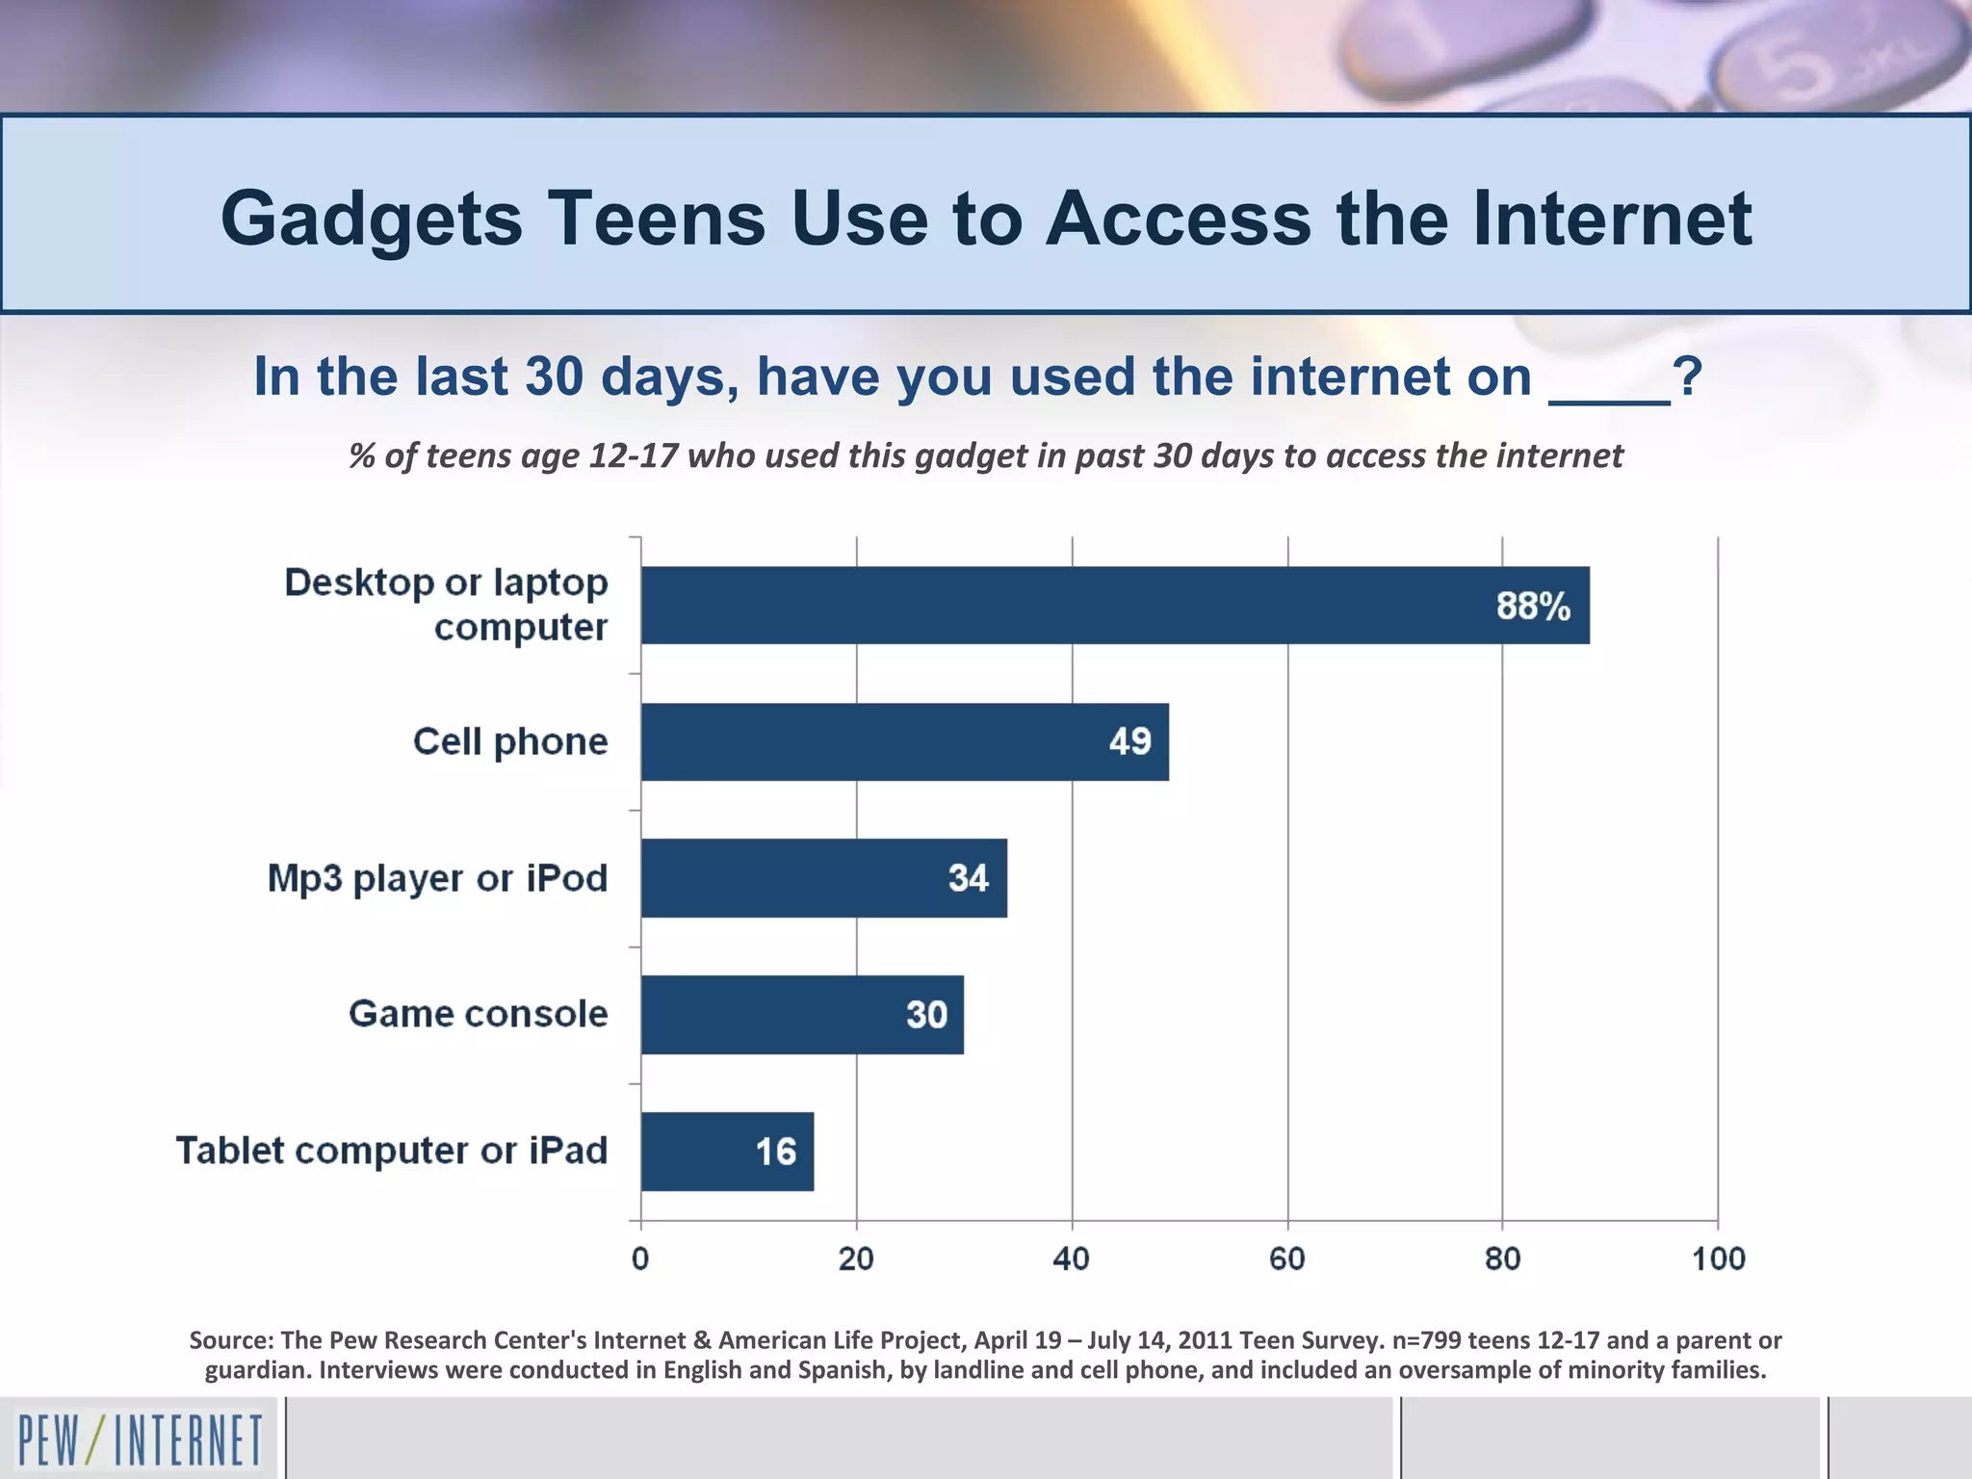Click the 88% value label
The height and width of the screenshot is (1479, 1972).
(x=1532, y=607)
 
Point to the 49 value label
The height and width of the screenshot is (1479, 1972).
(x=1129, y=741)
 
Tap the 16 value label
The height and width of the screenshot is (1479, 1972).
(x=775, y=1152)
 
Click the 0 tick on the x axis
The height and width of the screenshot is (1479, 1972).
(x=640, y=1258)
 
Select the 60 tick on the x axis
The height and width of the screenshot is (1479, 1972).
(x=1286, y=1258)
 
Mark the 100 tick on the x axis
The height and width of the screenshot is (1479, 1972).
(x=1718, y=1258)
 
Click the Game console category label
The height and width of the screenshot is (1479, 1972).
(x=478, y=1014)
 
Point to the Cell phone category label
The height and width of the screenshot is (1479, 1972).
(x=510, y=741)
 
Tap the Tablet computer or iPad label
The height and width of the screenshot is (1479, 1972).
(x=391, y=1151)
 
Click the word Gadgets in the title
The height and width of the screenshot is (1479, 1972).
(x=371, y=220)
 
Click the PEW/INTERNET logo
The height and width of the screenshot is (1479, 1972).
(x=140, y=1440)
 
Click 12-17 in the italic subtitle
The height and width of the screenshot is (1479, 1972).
(x=634, y=455)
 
